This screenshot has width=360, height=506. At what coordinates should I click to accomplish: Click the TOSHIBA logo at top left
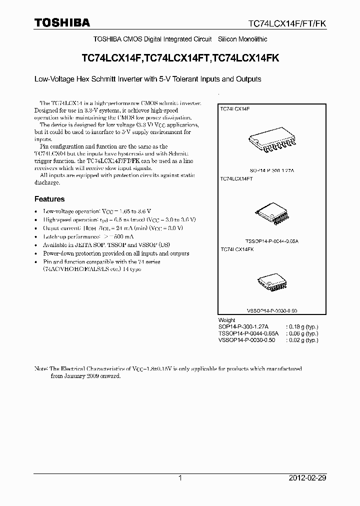(62, 22)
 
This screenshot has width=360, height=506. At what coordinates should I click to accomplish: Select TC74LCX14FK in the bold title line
(245, 58)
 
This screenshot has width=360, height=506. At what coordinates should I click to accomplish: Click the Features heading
(49, 199)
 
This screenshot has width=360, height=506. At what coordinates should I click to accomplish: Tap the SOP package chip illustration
(269, 143)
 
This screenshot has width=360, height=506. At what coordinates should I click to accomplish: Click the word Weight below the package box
(227, 320)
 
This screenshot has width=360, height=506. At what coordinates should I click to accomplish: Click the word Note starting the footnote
(40, 368)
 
